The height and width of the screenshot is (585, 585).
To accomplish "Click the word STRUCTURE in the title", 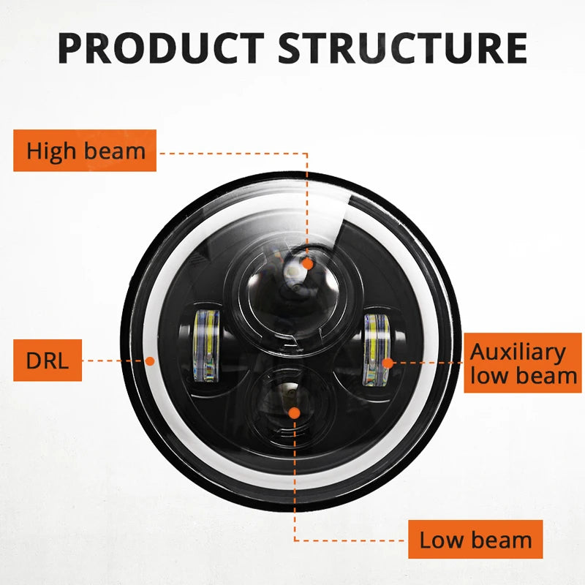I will [x=403, y=48].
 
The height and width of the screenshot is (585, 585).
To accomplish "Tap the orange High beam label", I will [x=85, y=151].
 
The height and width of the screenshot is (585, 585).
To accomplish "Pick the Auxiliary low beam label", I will [x=523, y=363].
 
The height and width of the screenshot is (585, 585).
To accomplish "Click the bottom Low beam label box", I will [x=475, y=540].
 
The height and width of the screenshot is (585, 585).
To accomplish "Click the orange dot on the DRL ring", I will [x=150, y=361].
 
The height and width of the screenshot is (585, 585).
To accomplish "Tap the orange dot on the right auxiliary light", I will [x=388, y=361].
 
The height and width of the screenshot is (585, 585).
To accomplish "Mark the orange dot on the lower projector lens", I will [x=294, y=413].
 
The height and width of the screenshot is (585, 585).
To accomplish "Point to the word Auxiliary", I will [x=518, y=352].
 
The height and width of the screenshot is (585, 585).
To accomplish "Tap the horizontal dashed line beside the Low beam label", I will [x=351, y=540].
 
